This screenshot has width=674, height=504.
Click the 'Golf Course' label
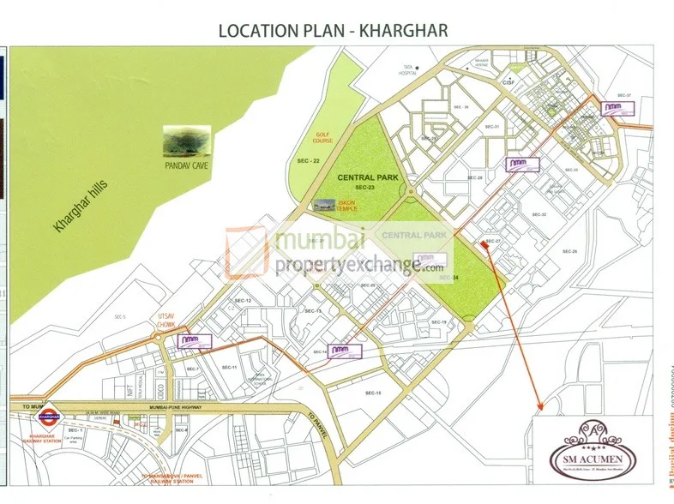coord(322,136)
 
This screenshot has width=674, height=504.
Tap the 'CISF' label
coord(508,83)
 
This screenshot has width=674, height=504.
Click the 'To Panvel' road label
coord(316,422)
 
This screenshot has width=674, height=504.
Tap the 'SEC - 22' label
coord(307,160)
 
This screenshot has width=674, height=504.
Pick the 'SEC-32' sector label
coord(539,214)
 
